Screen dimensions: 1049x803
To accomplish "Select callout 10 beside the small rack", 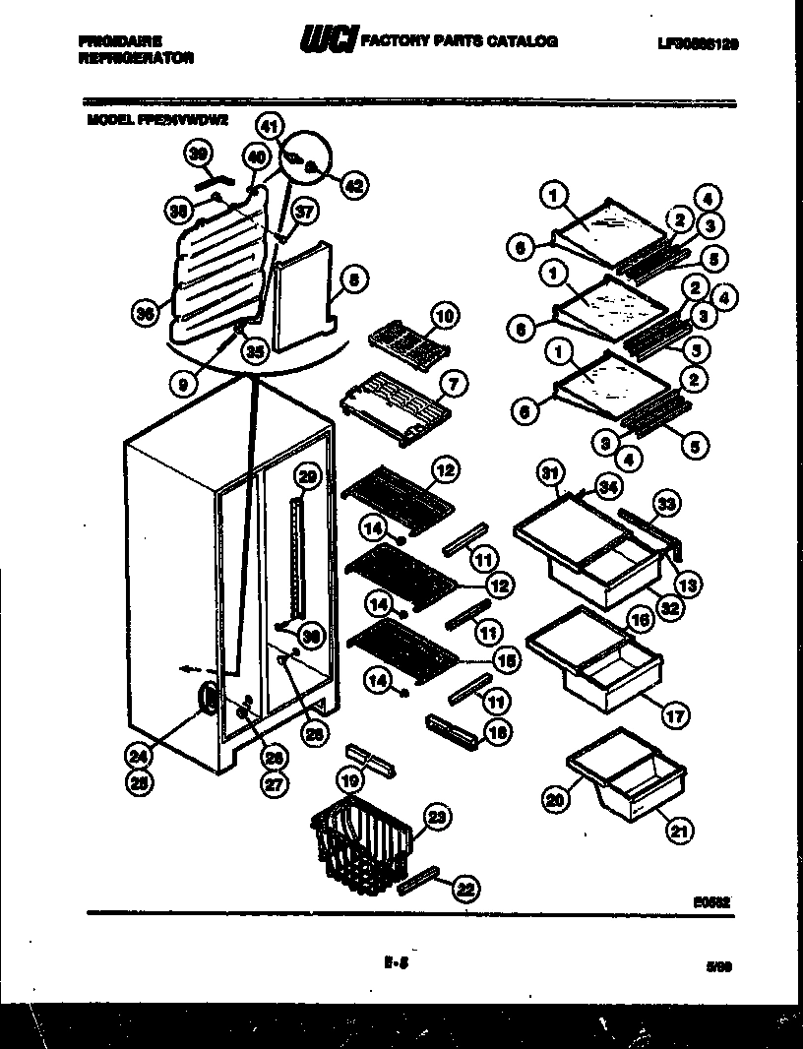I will click(x=446, y=316).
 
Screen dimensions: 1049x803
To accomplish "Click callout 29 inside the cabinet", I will click(x=308, y=477).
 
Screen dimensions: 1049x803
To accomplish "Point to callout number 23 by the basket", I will click(x=435, y=815).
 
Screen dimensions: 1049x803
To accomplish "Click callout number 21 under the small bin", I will click(x=679, y=833).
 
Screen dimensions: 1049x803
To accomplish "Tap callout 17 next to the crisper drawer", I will click(x=674, y=716).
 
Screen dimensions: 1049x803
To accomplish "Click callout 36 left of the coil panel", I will click(x=146, y=314).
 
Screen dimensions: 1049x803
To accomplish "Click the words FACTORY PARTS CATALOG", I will click(x=460, y=42).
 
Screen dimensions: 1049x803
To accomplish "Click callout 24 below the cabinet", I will click(x=140, y=756).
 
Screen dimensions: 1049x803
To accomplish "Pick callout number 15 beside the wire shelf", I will click(x=507, y=662).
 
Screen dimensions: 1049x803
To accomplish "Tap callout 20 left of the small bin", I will click(x=556, y=800).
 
